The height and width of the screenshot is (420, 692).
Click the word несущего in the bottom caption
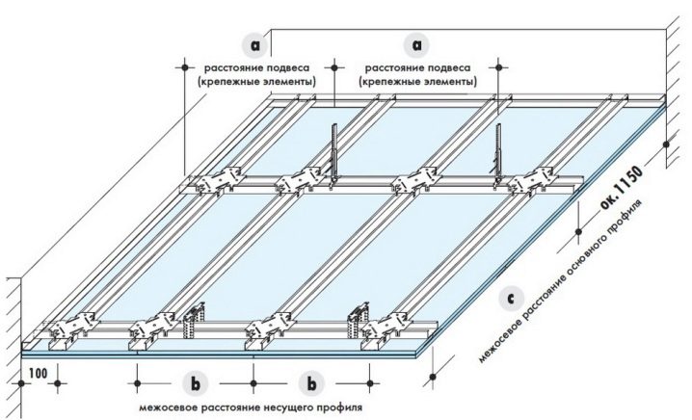(x=254, y=408)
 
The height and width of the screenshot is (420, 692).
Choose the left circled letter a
(x=255, y=45)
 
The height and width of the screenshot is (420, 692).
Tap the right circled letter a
(x=417, y=45)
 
